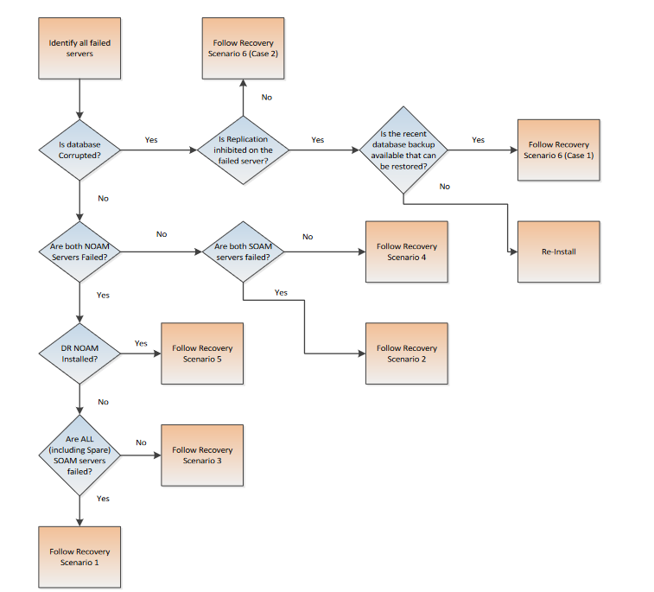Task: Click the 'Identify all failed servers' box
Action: click(79, 48)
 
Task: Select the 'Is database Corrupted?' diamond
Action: click(79, 150)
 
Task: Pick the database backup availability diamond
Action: click(403, 150)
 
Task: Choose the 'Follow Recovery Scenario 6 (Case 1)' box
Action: click(558, 150)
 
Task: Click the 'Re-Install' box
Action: click(558, 251)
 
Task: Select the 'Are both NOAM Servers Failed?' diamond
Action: click(79, 251)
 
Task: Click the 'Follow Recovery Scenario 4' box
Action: click(406, 251)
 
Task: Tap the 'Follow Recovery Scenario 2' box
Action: click(406, 353)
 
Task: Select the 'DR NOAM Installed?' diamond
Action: click(79, 353)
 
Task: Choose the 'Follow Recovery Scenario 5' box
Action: click(202, 353)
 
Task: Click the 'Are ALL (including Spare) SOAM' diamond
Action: click(79, 455)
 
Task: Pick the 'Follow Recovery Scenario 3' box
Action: click(202, 455)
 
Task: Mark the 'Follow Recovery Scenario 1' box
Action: click(79, 557)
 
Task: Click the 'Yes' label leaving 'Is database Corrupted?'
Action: click(151, 140)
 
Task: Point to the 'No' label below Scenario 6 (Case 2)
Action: click(266, 98)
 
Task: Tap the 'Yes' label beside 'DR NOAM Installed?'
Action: click(141, 343)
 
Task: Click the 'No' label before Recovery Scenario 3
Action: click(141, 443)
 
